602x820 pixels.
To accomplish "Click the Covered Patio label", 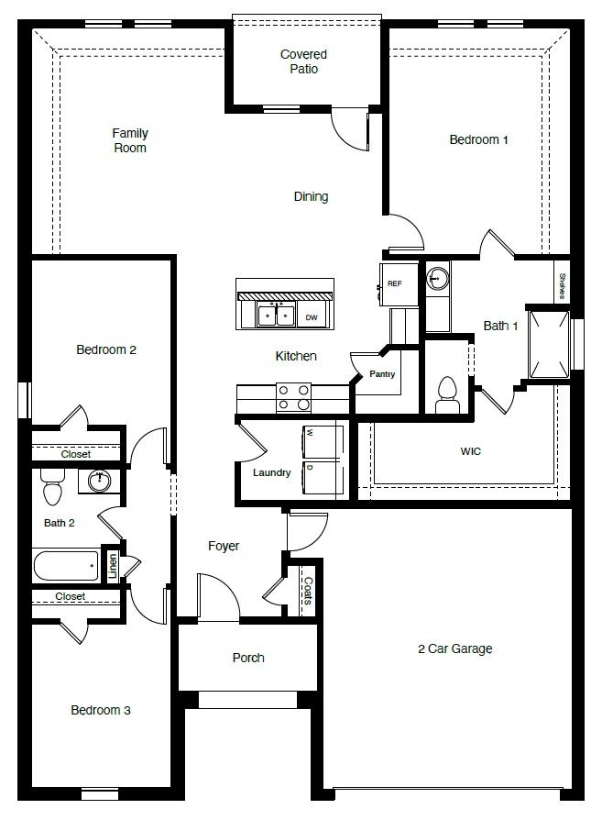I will pos(303,61).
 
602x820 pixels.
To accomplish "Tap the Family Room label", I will pos(130,140).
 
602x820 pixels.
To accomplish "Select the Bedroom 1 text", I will pos(478,140).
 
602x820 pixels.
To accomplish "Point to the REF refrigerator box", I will pos(395,283).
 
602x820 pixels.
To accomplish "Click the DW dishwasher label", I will pos(312,317).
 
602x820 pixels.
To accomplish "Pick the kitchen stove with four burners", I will pos(293,396).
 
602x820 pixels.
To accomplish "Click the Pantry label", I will pos(381,374).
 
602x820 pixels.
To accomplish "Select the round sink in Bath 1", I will pos(437,278).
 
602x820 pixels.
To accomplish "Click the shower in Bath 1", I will pos(550,344).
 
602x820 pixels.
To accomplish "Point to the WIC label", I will pos(471,451).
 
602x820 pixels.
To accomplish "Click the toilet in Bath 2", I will pos(52,490).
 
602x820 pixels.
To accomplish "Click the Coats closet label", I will pos(308,591).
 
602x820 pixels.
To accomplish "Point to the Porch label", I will pos(248,658).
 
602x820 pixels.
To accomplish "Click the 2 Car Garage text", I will pos(454,648).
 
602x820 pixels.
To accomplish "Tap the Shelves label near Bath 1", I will pos(560,286).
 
